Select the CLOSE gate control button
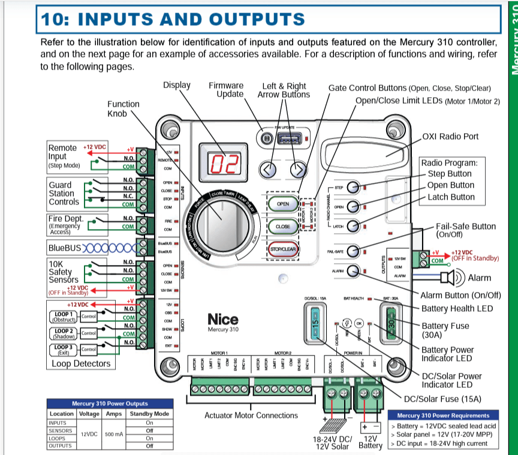[x=282, y=227]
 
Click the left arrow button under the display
[x=270, y=170]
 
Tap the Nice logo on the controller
[x=223, y=320]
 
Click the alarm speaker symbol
[x=448, y=278]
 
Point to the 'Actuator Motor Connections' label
[x=251, y=415]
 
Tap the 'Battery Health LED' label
[x=457, y=308]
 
